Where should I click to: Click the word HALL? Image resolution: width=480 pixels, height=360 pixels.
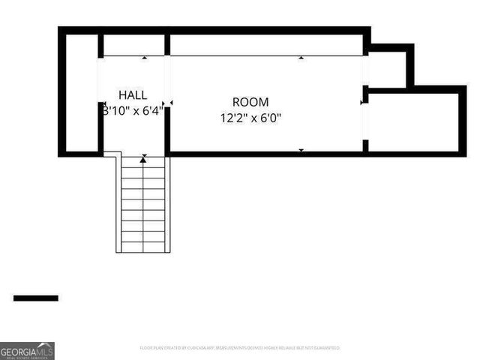133,95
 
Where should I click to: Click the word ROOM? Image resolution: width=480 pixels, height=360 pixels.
250,102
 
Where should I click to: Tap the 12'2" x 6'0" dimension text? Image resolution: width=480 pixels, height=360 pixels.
250,118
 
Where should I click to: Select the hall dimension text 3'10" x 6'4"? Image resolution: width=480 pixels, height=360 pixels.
133,110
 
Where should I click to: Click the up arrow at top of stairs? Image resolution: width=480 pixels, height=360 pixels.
142,160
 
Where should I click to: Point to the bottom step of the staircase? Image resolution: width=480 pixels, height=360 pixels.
142,247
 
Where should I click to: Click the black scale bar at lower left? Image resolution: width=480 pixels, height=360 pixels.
35,298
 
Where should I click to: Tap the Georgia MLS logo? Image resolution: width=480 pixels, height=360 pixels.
27,350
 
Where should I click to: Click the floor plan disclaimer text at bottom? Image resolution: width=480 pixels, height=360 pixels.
239,348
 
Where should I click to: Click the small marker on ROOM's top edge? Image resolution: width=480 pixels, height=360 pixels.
301,58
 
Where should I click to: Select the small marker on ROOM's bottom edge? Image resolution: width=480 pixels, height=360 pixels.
301,151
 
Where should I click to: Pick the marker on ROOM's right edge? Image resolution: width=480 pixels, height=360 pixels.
362,103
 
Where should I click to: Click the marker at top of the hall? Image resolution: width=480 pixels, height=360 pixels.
145,58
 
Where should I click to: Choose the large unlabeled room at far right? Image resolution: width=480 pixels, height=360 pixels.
413,122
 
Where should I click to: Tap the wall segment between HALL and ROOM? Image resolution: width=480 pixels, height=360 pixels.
167,130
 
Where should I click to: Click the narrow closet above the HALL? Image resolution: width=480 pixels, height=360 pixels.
134,44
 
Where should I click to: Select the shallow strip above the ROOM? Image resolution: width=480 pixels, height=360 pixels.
266,44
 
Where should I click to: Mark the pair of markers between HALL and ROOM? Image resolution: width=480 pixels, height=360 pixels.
167,103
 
